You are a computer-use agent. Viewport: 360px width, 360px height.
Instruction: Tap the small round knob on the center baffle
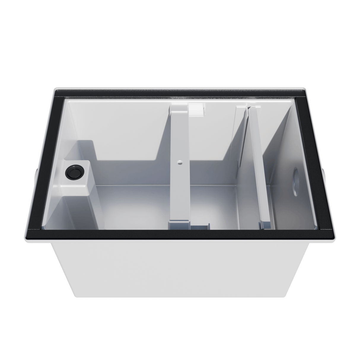(x=179, y=162)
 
